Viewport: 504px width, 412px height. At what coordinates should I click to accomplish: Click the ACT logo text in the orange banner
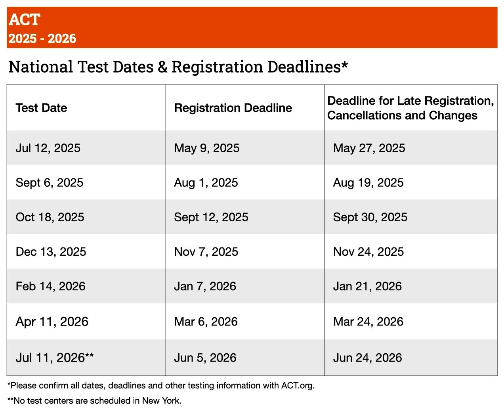pyautogui.click(x=25, y=19)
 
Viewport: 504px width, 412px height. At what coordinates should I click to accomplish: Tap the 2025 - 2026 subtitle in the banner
pyautogui.click(x=42, y=38)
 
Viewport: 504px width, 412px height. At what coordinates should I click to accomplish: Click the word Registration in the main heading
pyautogui.click(x=216, y=67)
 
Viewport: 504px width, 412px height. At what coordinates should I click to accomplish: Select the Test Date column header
pyautogui.click(x=41, y=108)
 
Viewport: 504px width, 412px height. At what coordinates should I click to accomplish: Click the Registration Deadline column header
pyautogui.click(x=233, y=108)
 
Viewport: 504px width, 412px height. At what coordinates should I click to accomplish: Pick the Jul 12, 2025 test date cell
pyautogui.click(x=48, y=148)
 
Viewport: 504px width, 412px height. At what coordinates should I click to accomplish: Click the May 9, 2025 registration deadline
pyautogui.click(x=207, y=148)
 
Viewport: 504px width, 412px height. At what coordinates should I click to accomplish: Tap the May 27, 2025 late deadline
pyautogui.click(x=369, y=148)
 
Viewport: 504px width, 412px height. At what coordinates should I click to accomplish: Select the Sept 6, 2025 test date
pyautogui.click(x=50, y=182)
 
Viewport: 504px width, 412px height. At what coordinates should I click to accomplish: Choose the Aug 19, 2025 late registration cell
pyautogui.click(x=368, y=182)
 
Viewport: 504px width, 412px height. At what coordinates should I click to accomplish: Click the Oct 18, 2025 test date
pyautogui.click(x=50, y=217)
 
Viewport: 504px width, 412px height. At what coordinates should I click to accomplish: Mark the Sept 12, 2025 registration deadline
pyautogui.click(x=211, y=217)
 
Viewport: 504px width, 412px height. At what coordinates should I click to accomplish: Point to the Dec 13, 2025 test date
pyautogui.click(x=51, y=251)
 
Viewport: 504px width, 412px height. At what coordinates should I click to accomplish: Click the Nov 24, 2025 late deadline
pyautogui.click(x=368, y=251)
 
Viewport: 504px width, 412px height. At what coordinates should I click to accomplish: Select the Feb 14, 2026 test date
pyautogui.click(x=50, y=286)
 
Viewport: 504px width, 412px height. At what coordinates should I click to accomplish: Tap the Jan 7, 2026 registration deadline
pyautogui.click(x=205, y=286)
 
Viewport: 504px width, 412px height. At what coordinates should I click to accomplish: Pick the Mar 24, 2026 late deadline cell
pyautogui.click(x=368, y=321)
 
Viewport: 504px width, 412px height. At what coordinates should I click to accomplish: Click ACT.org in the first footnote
pyautogui.click(x=297, y=385)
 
